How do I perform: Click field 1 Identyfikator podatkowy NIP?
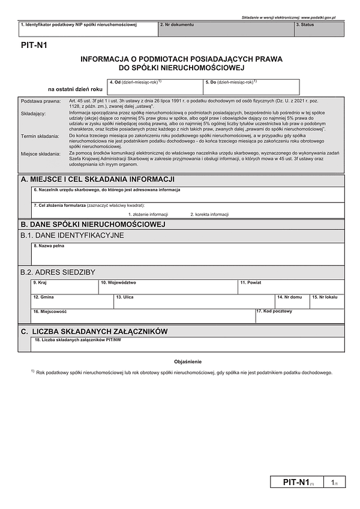88,29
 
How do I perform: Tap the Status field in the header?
319,29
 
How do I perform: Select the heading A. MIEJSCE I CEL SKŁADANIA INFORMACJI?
97,180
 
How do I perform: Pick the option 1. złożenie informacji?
148,214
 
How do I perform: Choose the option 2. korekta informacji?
209,214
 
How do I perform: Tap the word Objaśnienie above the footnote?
188,362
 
